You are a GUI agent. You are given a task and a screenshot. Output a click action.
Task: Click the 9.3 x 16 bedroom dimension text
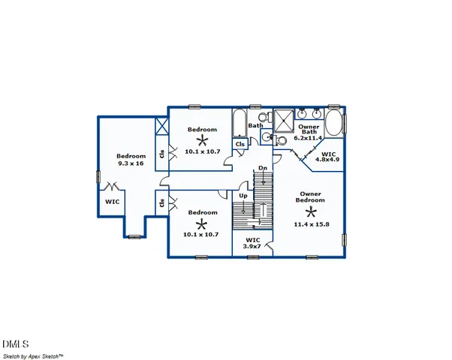point(131,163)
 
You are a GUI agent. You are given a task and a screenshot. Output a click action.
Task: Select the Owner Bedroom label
point(309,197)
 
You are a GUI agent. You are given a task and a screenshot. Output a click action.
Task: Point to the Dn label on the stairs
point(262,168)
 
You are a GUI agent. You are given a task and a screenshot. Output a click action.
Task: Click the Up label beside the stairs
point(243,196)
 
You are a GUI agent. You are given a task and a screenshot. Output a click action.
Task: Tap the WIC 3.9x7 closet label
point(253,244)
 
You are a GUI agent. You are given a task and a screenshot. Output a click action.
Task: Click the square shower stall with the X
point(284,120)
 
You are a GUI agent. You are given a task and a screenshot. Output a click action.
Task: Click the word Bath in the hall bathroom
point(255,126)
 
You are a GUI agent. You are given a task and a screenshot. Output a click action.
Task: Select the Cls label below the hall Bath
point(240,144)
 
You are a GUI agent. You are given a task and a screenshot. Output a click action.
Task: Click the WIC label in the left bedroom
point(112,202)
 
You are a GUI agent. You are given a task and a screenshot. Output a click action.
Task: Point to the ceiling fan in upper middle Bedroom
point(201,140)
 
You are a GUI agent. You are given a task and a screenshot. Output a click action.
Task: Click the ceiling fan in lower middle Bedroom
point(201,224)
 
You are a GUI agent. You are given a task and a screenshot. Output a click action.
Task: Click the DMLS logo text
point(15,335)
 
